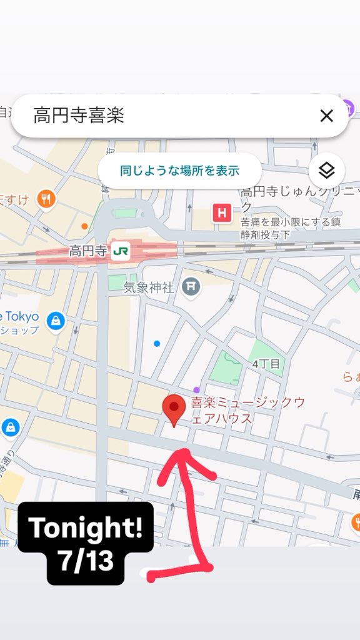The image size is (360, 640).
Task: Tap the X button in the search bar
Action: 326,116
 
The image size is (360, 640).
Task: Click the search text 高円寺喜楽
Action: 79,116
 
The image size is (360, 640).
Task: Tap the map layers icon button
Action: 326,170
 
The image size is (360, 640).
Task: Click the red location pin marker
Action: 173,409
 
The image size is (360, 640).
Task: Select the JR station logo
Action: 120,252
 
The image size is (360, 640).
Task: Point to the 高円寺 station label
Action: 87,252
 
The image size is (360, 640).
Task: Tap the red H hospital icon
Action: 221,214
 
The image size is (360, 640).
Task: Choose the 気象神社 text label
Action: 148,287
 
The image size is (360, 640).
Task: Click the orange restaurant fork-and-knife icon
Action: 46,200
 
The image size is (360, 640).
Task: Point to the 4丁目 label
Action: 266,363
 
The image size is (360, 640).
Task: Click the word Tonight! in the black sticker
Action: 86,529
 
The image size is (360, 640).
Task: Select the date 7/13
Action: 86,561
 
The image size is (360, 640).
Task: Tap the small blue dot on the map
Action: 157,343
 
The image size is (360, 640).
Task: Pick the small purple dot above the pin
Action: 196,390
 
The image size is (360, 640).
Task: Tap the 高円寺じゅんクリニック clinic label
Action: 299,197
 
